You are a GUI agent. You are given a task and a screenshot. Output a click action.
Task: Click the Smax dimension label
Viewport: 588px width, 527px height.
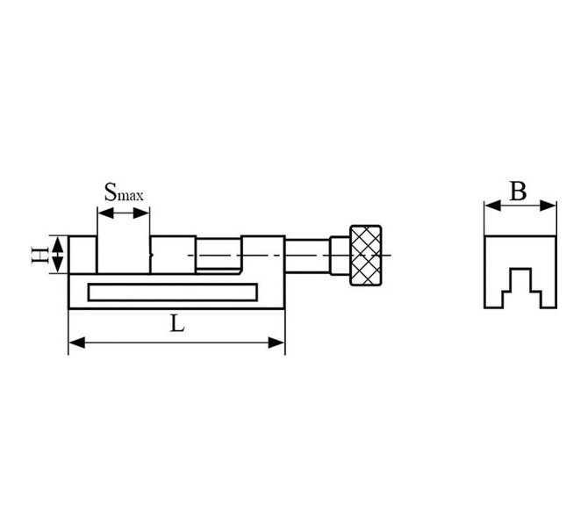pos(124,192)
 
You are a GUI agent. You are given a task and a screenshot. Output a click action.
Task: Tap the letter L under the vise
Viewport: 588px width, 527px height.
pos(177,324)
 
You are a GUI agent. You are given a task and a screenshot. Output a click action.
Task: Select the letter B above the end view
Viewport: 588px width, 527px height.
pos(519,191)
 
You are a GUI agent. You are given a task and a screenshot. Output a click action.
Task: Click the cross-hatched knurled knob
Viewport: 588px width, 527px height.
pos(366,256)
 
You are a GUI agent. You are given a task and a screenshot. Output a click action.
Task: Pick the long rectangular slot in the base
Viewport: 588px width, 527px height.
pos(173,292)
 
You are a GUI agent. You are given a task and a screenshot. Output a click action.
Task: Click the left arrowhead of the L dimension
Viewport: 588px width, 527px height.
pos(77,343)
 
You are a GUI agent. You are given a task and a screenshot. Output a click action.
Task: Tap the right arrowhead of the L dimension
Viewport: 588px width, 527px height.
pos(276,343)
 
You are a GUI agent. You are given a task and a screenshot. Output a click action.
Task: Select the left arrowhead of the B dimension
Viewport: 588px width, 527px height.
pos(492,206)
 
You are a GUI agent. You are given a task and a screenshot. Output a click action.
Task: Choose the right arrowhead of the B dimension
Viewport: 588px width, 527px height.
pos(548,206)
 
